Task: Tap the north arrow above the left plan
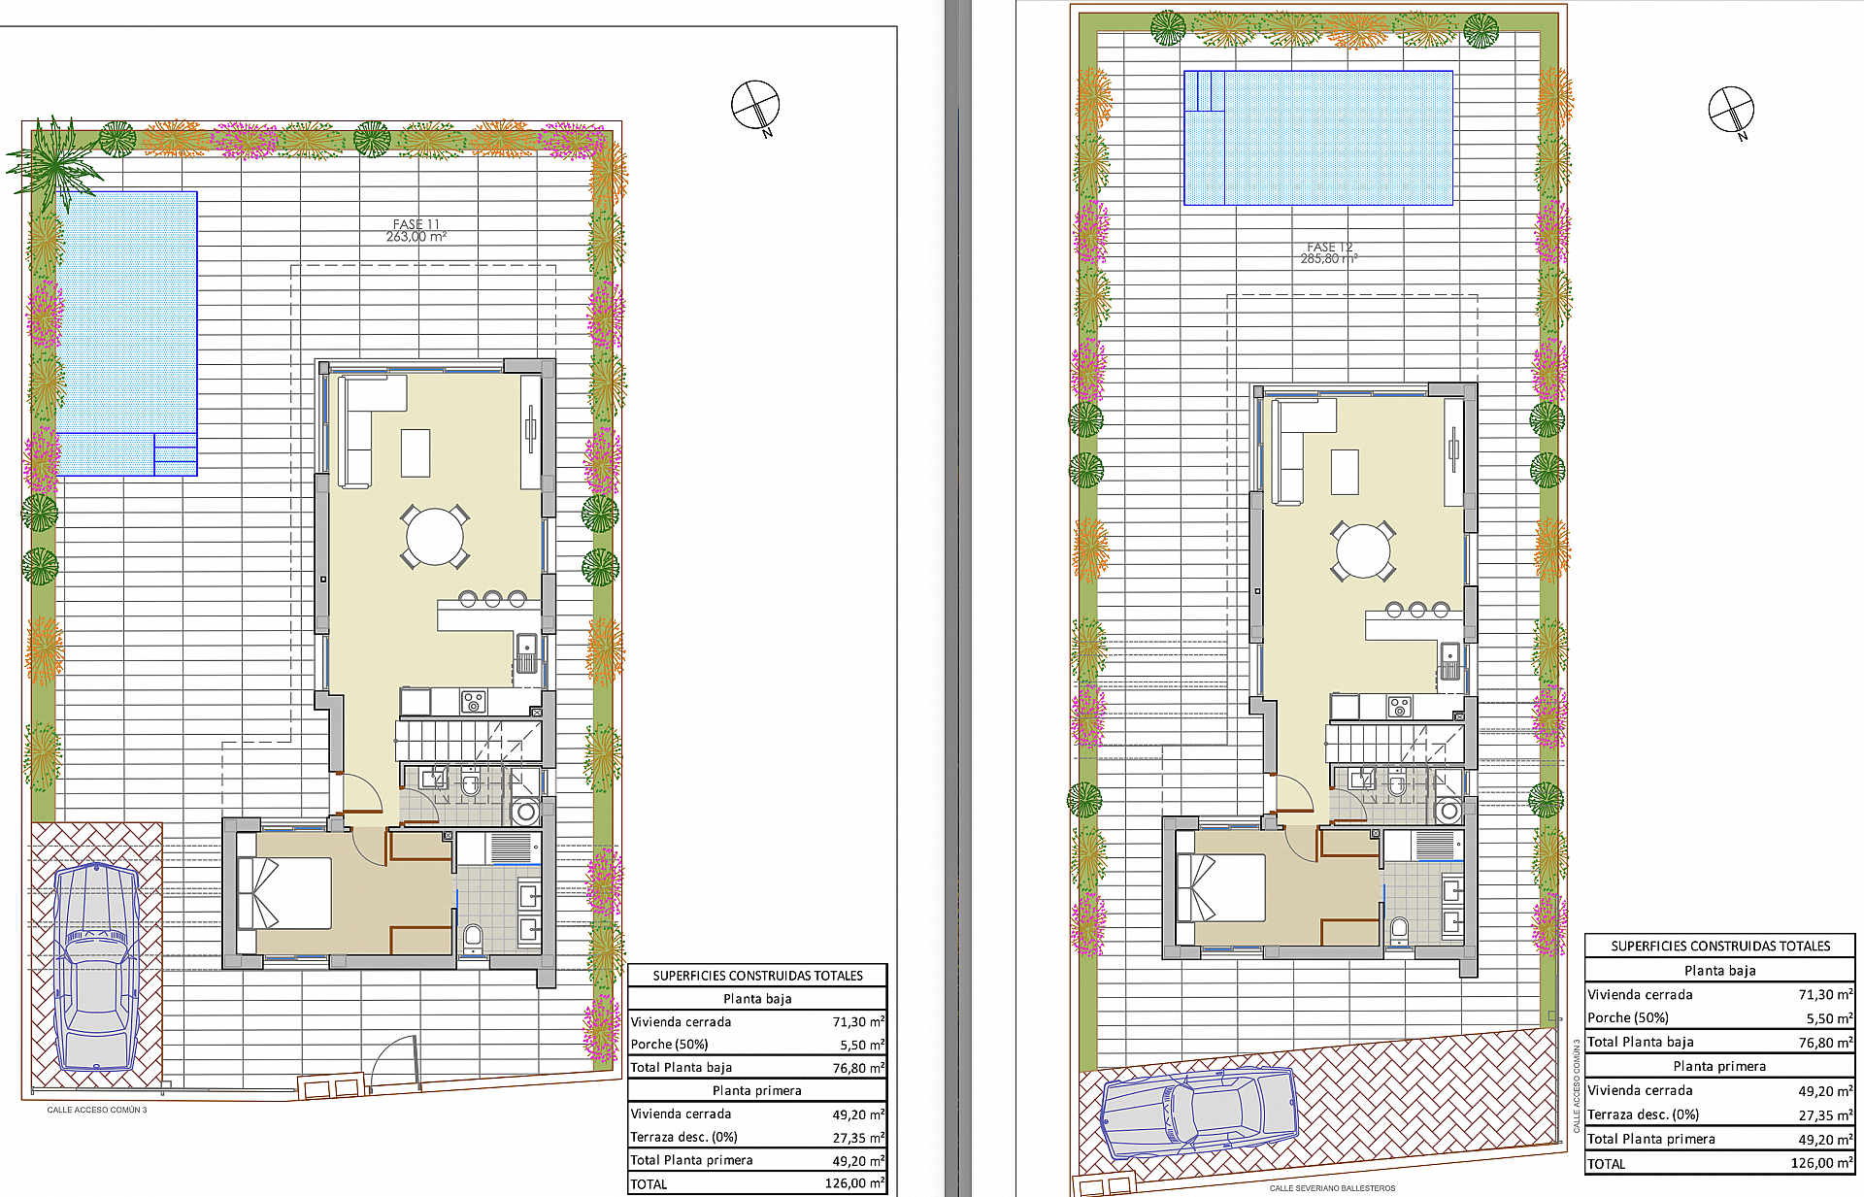(755, 106)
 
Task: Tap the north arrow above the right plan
(1731, 111)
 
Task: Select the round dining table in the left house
(435, 536)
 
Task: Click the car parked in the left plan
(95, 967)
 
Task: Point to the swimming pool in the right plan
(1317, 138)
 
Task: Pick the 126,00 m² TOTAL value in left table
(854, 1183)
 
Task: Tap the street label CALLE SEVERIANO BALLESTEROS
(1332, 1188)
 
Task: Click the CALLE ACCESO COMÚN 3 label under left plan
(97, 1110)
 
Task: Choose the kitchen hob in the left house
(473, 700)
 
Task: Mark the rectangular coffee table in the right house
(1345, 472)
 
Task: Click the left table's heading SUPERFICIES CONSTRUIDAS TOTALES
(757, 976)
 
